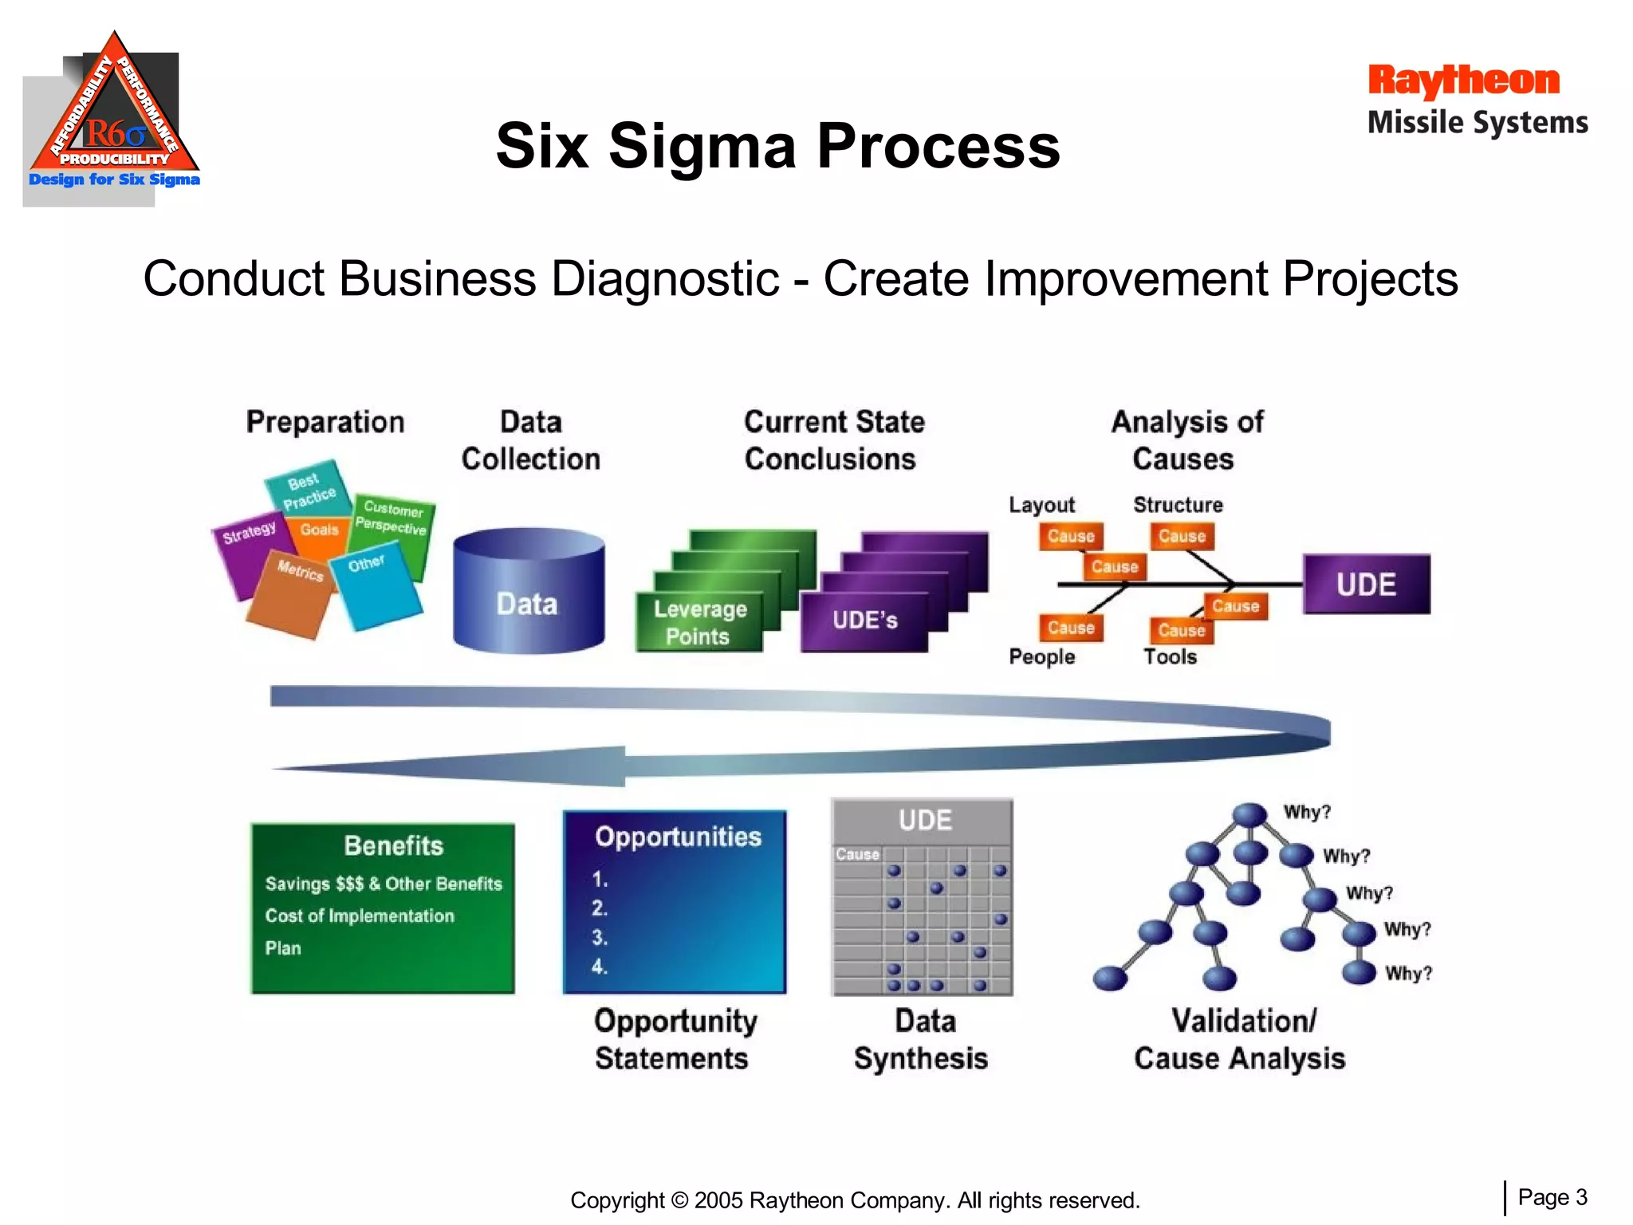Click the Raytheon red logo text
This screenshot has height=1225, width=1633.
coord(1463,81)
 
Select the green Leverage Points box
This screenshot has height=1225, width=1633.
coord(698,622)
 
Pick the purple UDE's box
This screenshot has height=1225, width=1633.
coord(864,620)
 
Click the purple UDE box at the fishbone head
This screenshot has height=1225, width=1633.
coord(1366,585)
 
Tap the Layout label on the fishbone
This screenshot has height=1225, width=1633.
coord(1041,505)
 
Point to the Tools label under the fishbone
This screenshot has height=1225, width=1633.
coord(1170,656)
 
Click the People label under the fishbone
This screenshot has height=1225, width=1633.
coord(1041,656)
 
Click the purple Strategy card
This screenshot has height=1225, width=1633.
coord(247,550)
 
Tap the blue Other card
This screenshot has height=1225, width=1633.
coord(375,586)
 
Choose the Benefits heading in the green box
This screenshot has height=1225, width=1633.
coord(393,845)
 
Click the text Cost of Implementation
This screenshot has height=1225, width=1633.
coord(360,916)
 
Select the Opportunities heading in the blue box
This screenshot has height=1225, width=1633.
coord(678,837)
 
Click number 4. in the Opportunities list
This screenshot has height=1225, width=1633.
coord(600,967)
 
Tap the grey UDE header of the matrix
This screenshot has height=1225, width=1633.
coord(924,821)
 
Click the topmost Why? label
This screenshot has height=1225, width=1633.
coord(1307,812)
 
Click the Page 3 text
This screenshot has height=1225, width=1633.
coord(1552,1197)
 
